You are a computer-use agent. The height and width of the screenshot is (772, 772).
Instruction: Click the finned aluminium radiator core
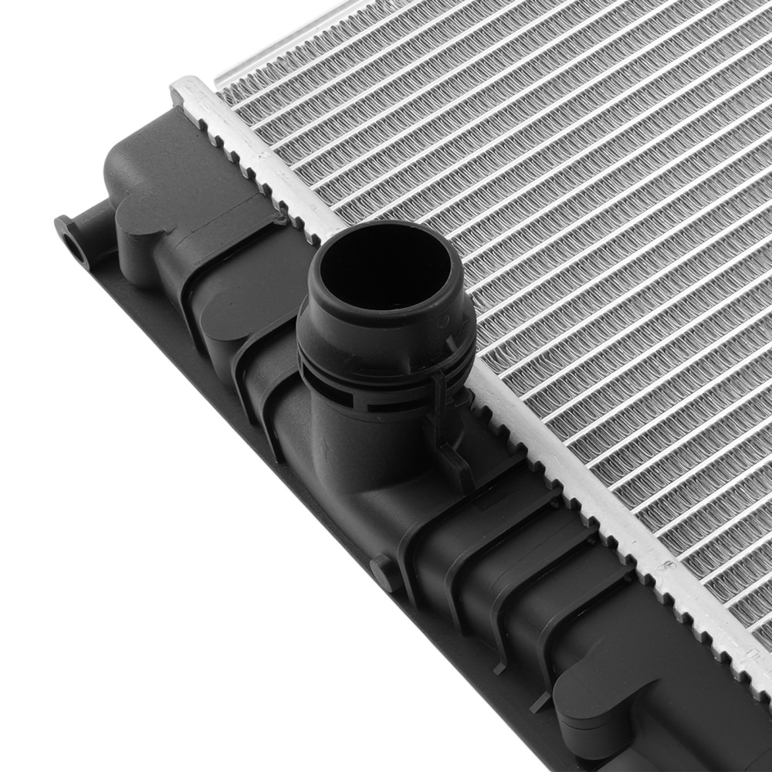click(x=579, y=232)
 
